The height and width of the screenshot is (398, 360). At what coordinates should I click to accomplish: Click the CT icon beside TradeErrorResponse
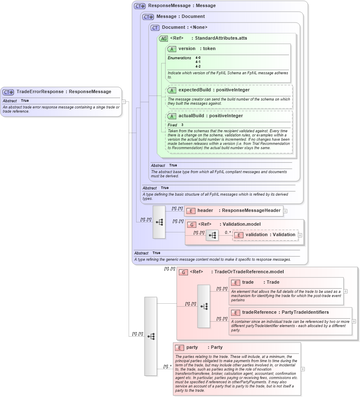[x=8, y=92]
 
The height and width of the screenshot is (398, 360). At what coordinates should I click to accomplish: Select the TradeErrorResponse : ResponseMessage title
[x=64, y=92]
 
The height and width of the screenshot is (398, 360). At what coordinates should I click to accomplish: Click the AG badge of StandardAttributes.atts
[x=164, y=38]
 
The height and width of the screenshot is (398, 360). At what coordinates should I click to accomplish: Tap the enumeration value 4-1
[x=198, y=62]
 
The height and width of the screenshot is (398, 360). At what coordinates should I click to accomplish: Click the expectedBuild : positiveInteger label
[x=214, y=90]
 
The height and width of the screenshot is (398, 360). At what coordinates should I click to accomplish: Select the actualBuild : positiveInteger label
[x=210, y=116]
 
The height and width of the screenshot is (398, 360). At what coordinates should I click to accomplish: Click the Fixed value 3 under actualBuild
[x=183, y=125]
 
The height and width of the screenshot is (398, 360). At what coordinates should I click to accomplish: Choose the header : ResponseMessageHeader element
[x=238, y=211]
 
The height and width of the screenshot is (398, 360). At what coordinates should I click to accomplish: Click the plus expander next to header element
[x=285, y=211]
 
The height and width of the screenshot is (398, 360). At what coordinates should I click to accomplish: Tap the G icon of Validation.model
[x=192, y=224]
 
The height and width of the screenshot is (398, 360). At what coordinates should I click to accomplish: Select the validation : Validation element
[x=270, y=235]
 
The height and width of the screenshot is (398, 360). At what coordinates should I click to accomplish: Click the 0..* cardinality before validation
[x=228, y=232]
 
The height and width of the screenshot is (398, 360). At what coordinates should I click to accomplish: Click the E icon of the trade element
[x=236, y=283]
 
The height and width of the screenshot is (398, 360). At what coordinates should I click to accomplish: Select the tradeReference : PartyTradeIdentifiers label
[x=285, y=312]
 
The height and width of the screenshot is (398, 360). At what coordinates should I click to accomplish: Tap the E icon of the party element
[x=180, y=348]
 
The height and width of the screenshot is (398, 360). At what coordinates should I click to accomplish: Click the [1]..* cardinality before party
[x=167, y=367]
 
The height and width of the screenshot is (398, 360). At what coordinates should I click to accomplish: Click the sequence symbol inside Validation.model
[x=212, y=235]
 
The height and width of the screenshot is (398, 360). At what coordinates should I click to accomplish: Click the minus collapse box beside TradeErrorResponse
[x=124, y=101]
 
